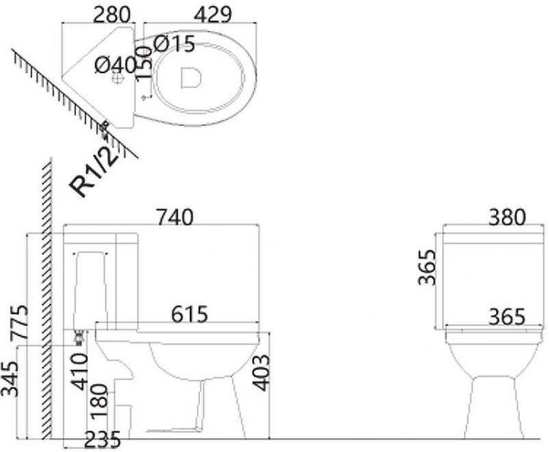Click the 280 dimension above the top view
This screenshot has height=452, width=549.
pyautogui.click(x=112, y=14)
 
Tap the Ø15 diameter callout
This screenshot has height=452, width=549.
pyautogui.click(x=174, y=45)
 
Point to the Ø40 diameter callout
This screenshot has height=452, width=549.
pyautogui.click(x=116, y=65)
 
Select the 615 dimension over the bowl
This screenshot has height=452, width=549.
pyautogui.click(x=190, y=314)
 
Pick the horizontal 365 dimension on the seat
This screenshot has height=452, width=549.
pyautogui.click(x=507, y=316)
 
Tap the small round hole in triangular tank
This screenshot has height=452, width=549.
pyautogui.click(x=116, y=81)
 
